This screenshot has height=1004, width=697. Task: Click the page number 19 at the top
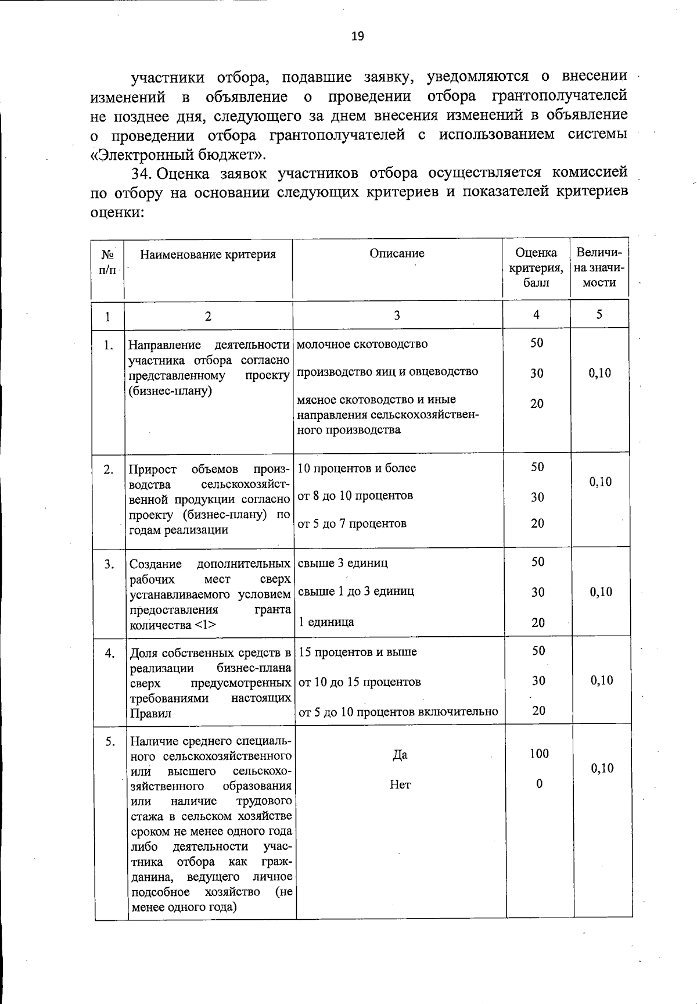357,37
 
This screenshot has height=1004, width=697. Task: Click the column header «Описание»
397,253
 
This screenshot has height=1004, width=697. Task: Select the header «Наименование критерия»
208,254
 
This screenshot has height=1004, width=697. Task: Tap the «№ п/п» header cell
107,261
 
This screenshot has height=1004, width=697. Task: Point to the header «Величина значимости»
599,268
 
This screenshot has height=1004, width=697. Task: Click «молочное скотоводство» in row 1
362,344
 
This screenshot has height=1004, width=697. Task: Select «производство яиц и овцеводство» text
387,372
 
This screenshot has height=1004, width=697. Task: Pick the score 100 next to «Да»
538,754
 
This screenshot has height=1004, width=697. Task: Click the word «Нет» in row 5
400,785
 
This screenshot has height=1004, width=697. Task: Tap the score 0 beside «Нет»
538,784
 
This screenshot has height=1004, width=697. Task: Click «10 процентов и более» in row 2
357,468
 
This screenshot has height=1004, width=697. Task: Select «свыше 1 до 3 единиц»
356,591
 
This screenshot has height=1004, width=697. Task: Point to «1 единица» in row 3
326,622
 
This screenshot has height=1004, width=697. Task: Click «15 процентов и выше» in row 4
357,652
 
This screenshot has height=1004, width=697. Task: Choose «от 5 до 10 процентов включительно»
398,712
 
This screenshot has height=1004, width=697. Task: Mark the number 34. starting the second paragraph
142,173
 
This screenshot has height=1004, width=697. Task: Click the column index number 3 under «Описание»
397,315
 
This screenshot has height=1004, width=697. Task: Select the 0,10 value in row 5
602,769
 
